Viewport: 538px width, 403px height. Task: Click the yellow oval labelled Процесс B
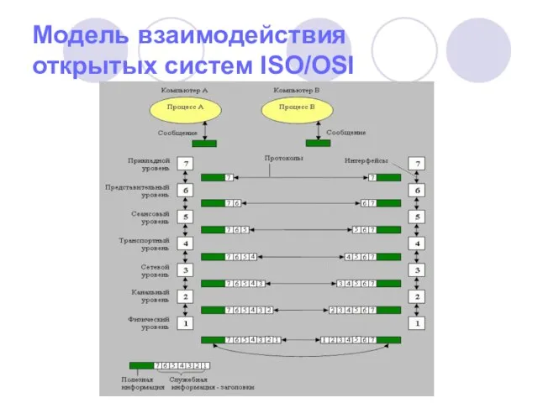tap(296, 108)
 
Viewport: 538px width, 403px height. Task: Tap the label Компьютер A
tap(185, 90)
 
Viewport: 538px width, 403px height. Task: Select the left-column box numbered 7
tap(186, 163)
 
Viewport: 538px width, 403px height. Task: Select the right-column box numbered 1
tap(415, 322)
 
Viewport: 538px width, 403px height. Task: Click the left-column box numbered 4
tap(186, 243)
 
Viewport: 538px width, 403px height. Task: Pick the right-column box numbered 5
tap(415, 217)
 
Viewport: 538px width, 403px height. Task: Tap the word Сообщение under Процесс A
tap(177, 133)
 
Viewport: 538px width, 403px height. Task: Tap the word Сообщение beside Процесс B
tap(346, 133)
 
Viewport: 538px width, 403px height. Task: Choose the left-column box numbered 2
tap(186, 296)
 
